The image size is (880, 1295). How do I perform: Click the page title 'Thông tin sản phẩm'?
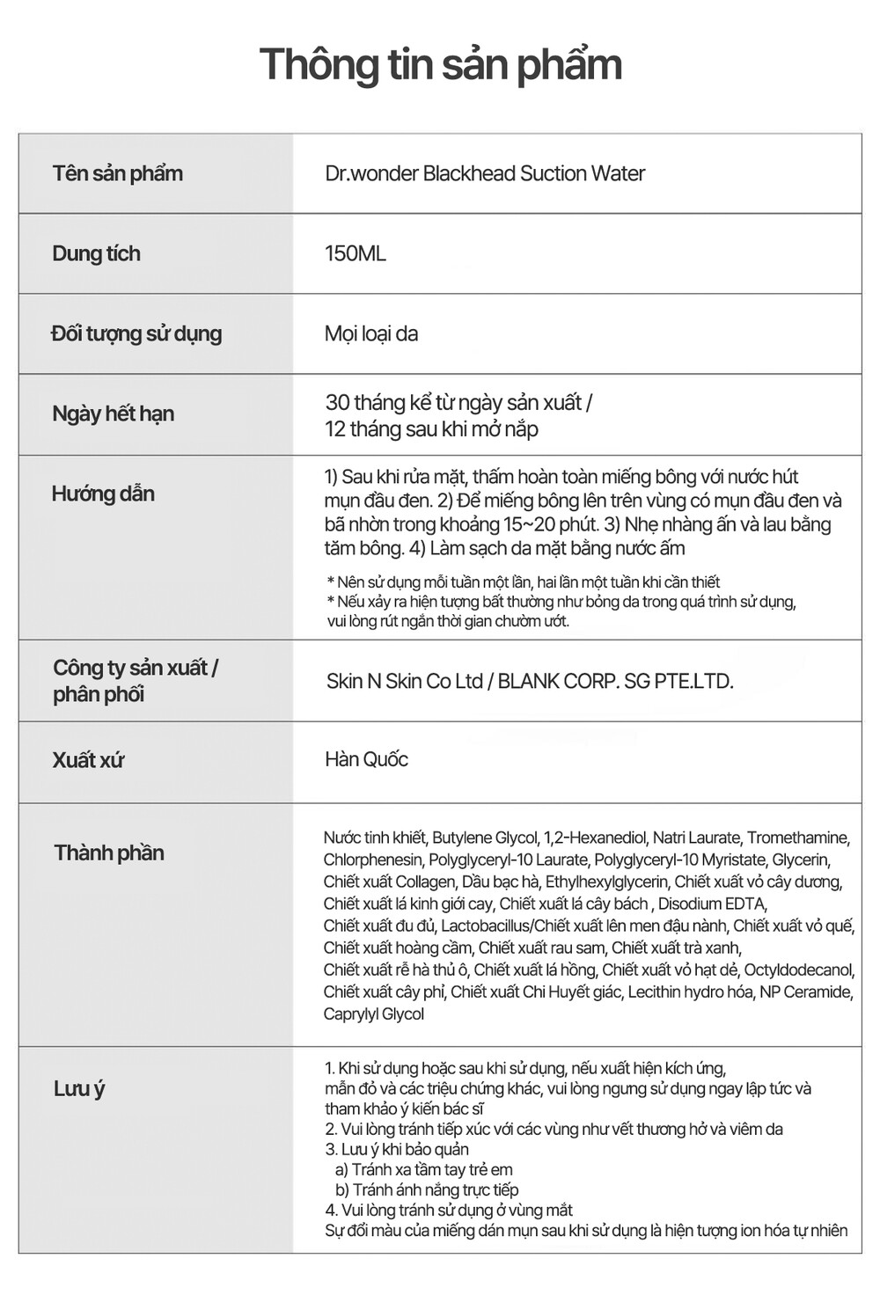tap(440, 64)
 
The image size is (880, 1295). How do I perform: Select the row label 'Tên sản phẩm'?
tap(117, 173)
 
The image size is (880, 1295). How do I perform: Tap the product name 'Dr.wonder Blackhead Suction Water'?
tap(485, 173)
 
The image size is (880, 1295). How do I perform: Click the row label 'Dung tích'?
tap(96, 253)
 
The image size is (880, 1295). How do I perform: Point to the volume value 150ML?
tap(355, 253)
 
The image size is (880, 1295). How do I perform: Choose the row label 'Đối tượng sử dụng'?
tap(136, 333)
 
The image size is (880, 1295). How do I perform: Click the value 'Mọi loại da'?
tap(370, 333)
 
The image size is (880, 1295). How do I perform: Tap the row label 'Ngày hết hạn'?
tap(113, 413)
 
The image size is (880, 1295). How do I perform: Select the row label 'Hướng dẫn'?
tap(103, 494)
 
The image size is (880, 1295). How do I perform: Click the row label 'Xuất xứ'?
tap(88, 760)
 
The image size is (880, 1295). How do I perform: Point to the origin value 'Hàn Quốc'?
tap(366, 759)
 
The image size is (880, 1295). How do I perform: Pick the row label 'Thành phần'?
tap(109, 852)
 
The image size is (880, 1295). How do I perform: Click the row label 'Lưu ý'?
tap(79, 1089)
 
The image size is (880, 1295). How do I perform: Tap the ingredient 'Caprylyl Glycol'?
tap(373, 1014)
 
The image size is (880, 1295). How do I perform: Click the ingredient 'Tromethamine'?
tap(797, 838)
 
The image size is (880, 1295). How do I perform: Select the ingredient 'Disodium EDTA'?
tap(712, 904)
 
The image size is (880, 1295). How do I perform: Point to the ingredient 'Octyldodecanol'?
tap(798, 969)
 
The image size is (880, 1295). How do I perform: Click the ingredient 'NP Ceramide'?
tap(805, 991)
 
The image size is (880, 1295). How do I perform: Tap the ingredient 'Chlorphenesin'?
tap(372, 860)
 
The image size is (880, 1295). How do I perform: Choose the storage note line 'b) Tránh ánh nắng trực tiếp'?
tap(427, 1189)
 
